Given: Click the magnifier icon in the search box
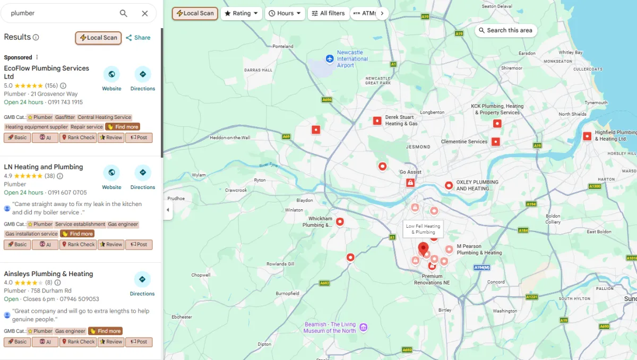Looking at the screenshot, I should tap(123, 13).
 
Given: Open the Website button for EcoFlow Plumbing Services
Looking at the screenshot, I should tap(111, 79).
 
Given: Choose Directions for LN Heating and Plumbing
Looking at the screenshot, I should tap(142, 177).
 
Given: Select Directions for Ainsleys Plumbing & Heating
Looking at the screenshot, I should tap(142, 284).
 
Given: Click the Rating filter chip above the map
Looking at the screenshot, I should tap(242, 13).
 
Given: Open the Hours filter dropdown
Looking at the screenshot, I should tap(285, 13).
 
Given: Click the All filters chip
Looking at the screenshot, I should tap(328, 13).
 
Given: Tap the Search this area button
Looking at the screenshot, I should tap(505, 30).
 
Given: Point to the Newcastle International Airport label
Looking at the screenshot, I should tap(352, 58).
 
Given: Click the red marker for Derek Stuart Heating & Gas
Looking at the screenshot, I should tap(377, 121).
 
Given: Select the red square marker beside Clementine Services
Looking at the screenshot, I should tap(495, 142).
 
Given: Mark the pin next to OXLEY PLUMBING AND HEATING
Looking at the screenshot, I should tap(449, 185).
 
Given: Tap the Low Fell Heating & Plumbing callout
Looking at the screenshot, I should tap(423, 229).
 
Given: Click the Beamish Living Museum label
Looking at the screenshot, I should tap(330, 328).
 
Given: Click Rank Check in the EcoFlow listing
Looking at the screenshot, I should tap(78, 138).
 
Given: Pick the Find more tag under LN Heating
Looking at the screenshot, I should tap(77, 234).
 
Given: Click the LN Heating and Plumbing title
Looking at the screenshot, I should tap(44, 167).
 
